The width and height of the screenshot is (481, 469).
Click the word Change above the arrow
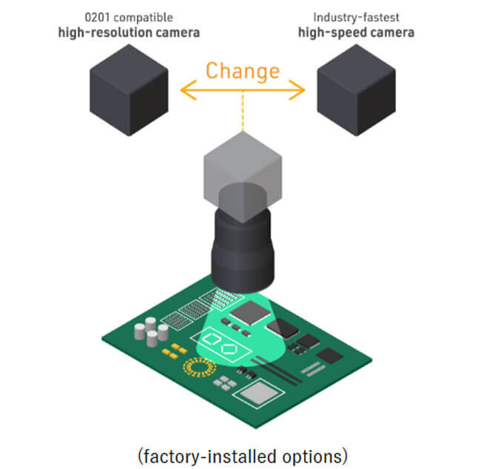coord(243,71)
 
